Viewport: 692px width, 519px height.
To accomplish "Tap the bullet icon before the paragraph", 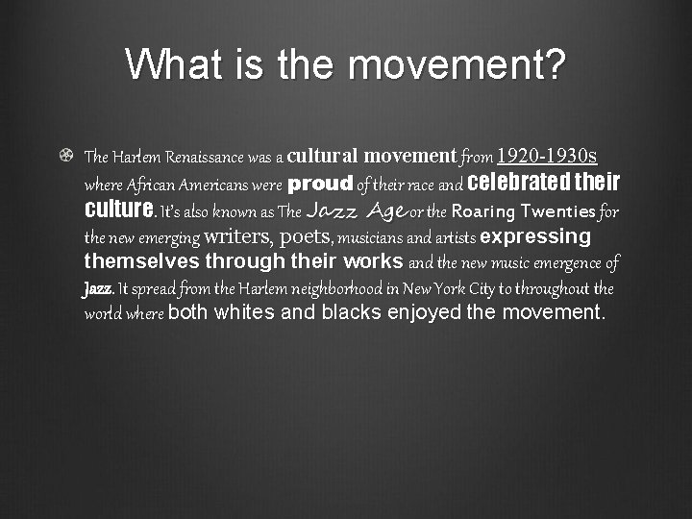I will point(64,155).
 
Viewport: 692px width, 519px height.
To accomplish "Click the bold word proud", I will point(321,183).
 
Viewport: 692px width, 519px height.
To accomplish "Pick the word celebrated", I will point(517,182).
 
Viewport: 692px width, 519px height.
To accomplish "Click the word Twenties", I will point(558,210).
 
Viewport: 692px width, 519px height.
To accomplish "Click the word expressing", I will point(535,236).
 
